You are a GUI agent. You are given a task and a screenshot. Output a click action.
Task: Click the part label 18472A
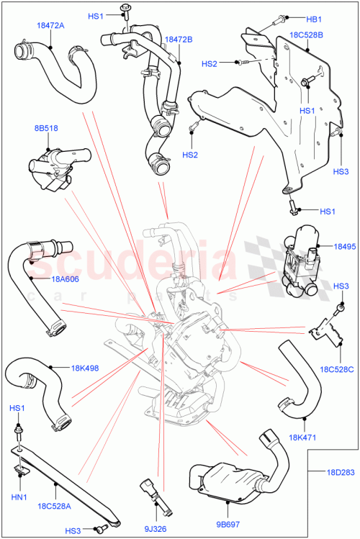tap(51, 25)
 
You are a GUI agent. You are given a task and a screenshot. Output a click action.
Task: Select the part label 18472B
tap(179, 39)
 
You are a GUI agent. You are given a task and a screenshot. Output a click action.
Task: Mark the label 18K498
tap(84, 368)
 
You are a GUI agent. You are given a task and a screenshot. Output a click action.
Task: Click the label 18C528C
tap(339, 369)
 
